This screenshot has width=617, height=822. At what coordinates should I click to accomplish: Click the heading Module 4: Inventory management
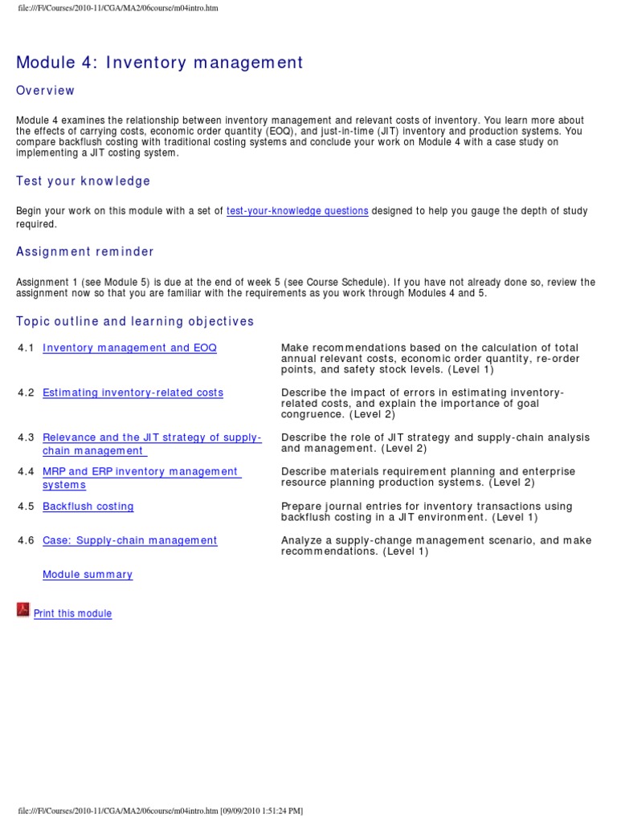pos(160,63)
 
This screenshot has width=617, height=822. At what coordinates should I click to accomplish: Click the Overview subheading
pos(46,91)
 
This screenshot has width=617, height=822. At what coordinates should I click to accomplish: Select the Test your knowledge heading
pos(84,181)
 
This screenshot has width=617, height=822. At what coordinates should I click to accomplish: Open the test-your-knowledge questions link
pos(297,211)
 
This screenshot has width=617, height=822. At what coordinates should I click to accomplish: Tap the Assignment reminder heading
pos(85,252)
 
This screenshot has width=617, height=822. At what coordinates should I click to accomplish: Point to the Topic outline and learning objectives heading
pos(135,322)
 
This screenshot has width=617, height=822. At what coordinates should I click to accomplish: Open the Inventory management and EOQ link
pos(129,348)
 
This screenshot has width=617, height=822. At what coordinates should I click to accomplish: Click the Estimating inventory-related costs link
pos(133,393)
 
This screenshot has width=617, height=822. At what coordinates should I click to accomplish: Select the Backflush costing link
pos(88,507)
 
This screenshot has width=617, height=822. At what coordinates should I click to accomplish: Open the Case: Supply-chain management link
pos(129,541)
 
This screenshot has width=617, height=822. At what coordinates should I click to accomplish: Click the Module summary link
pos(88,575)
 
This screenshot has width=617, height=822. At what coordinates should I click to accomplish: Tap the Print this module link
pos(72,614)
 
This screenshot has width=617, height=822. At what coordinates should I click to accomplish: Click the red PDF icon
pos(23,610)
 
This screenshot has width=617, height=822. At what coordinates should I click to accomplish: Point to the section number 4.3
pos(26,438)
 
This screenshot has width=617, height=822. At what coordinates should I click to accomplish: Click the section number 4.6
pos(26,541)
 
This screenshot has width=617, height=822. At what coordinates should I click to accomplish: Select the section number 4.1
pos(26,348)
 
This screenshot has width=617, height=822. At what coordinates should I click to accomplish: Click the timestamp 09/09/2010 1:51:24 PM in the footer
pos(262,811)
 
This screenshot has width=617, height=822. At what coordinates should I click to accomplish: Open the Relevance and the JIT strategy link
pos(152,438)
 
